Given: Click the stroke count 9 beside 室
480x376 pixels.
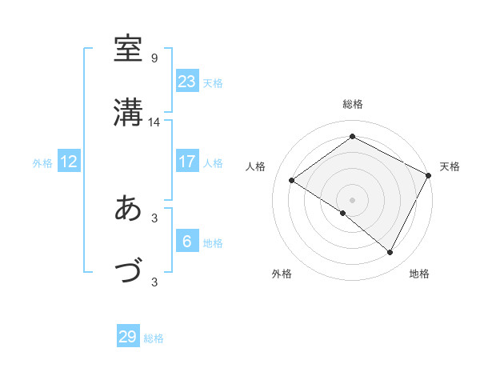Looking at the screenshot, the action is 154,58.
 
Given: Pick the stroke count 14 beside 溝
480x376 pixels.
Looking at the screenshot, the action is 154,122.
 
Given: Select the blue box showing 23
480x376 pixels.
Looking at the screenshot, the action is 186,82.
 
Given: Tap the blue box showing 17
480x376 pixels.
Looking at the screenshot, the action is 186,162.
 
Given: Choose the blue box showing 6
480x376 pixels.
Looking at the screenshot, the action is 186,242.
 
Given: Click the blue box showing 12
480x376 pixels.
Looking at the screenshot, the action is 69,162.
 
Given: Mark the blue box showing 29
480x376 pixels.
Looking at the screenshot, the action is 128,337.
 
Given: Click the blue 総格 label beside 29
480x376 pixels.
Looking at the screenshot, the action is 154,338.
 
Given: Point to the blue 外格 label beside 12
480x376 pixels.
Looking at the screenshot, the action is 42,163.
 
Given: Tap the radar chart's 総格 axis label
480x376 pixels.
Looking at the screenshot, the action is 353,104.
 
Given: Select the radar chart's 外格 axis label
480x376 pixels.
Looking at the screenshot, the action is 282,274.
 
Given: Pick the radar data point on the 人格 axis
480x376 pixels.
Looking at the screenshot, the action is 292,180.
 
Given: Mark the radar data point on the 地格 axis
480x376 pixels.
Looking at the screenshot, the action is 390,253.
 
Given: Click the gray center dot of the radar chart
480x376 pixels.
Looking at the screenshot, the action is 352,199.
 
